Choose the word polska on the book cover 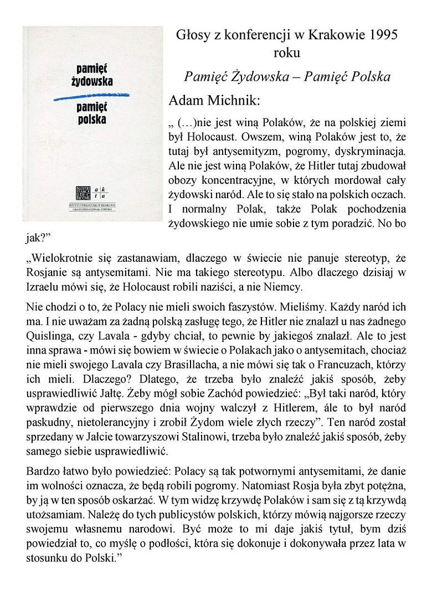[x=92, y=118]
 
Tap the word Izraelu [x=46, y=287]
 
